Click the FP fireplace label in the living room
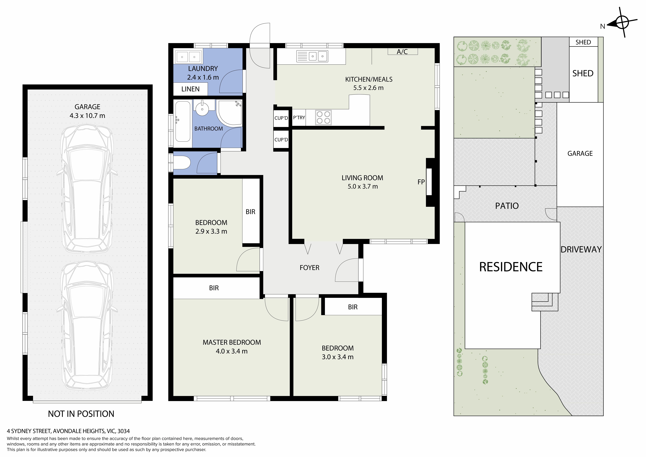click(x=421, y=182)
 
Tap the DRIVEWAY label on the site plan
click(x=581, y=249)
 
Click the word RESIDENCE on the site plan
click(x=511, y=267)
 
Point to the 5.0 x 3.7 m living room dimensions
click(x=363, y=186)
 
